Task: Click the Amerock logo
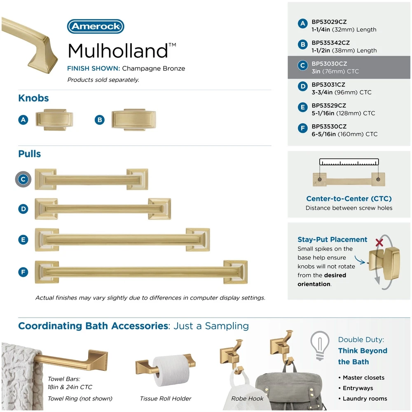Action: coord(96,26)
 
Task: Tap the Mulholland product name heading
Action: coord(122,50)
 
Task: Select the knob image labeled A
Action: coord(54,120)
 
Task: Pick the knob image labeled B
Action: coord(134,120)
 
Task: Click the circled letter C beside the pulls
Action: coord(23,179)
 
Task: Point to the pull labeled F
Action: coord(141,272)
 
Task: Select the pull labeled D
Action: coord(103,209)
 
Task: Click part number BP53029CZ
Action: coord(329,22)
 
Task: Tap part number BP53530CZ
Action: coord(329,126)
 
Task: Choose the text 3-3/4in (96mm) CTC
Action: coord(341,92)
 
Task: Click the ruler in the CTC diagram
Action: coord(349,162)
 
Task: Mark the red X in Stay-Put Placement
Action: coord(379,242)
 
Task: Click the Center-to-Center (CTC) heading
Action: coord(349,199)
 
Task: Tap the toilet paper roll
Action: coord(171,370)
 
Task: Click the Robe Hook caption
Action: coord(247,398)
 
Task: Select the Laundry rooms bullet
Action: coord(363,398)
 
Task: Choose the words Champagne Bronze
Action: coord(153,68)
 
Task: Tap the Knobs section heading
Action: coord(33,98)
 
